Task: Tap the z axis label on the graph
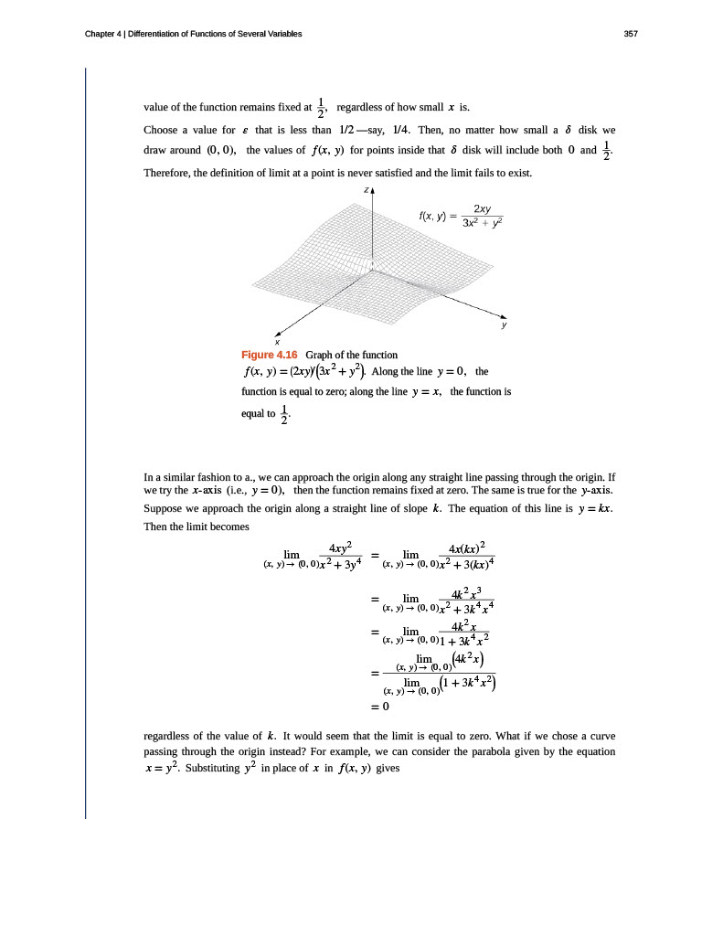coord(365,191)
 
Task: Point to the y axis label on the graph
coord(504,324)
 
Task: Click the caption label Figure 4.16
coord(267,355)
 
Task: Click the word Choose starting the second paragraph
coord(165,129)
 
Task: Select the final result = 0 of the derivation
coord(380,707)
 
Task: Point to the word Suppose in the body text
coord(165,508)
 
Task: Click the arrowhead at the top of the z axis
coord(373,190)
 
